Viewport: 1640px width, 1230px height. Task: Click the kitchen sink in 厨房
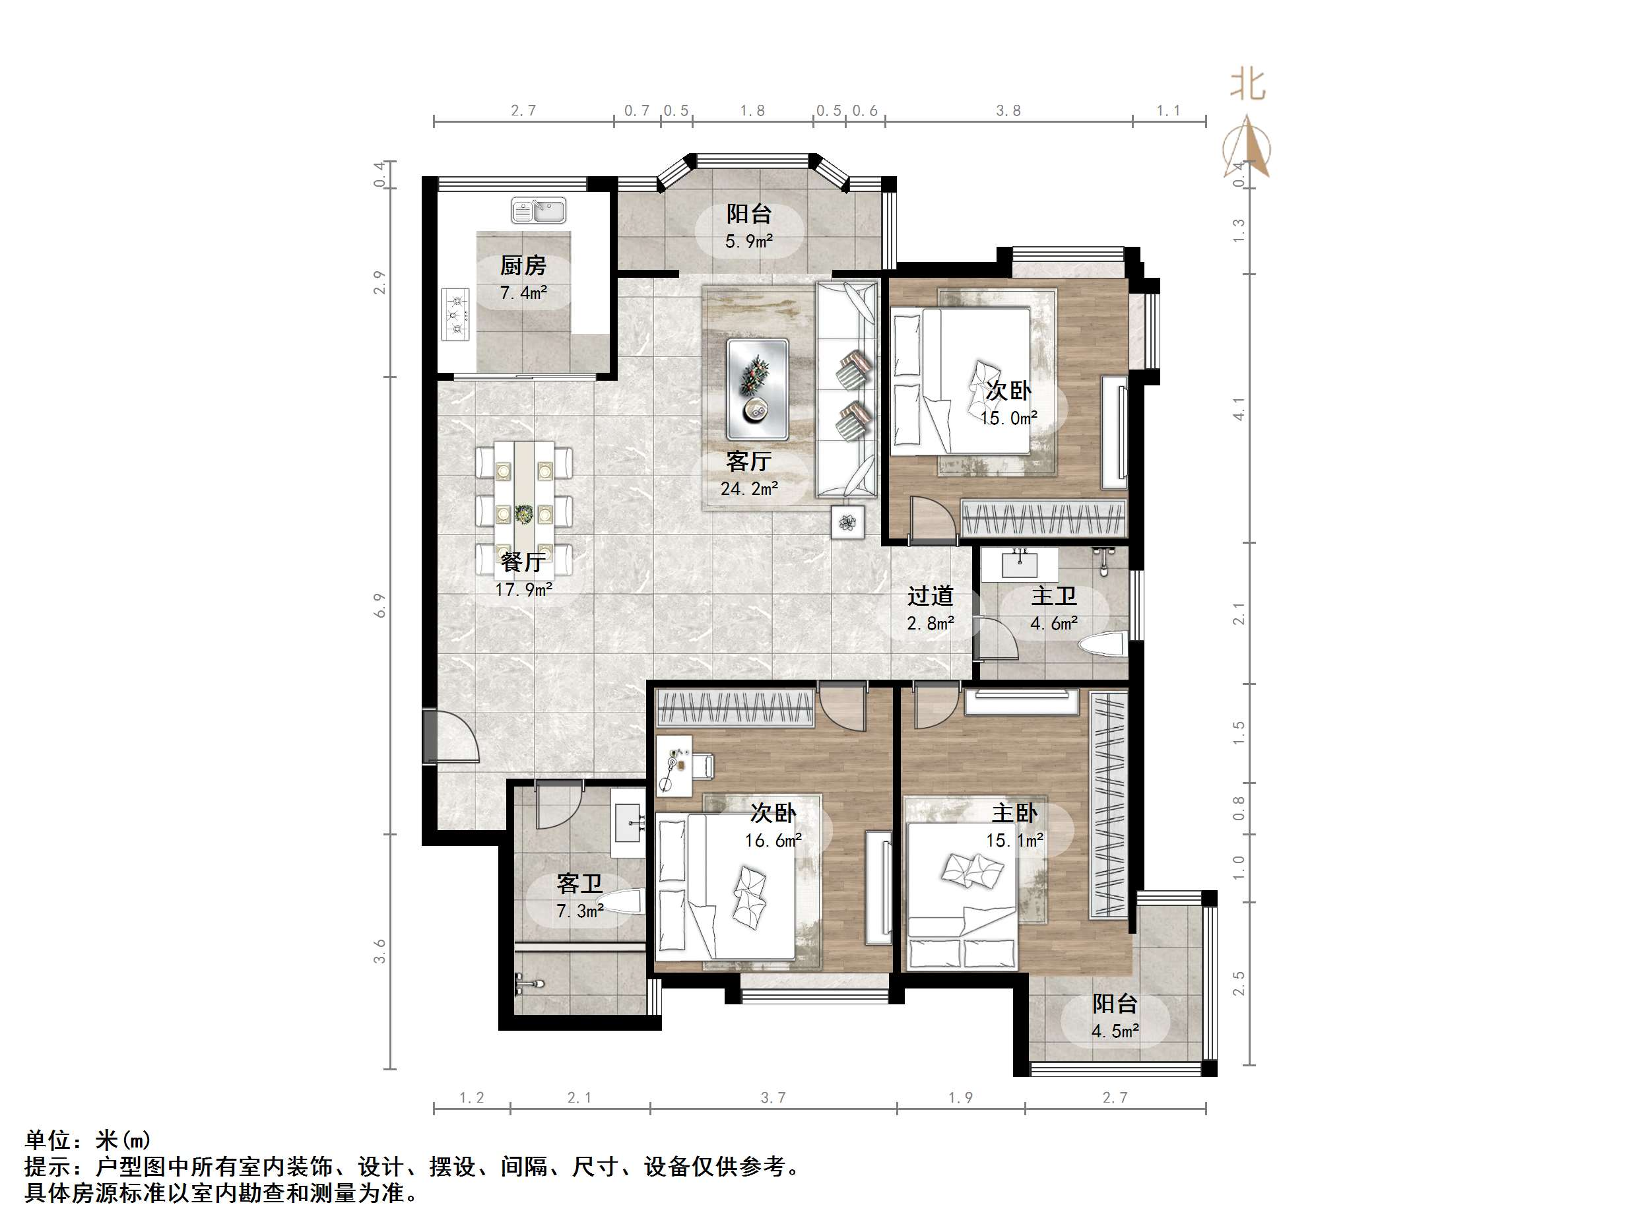[539, 210]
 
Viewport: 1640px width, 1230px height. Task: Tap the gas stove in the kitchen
[456, 314]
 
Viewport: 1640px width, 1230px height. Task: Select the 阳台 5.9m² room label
[749, 227]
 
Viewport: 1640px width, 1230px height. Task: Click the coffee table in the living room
[758, 389]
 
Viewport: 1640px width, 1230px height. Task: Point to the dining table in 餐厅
[524, 510]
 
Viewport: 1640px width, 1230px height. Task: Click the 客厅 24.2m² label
[749, 474]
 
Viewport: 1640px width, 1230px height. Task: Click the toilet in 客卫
[619, 904]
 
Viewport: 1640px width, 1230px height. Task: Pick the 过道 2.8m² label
[930, 608]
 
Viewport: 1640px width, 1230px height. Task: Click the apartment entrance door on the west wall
[431, 736]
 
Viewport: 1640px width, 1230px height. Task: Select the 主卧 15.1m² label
[1014, 826]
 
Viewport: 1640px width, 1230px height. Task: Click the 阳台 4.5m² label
[1114, 1016]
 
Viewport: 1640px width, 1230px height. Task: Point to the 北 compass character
[1248, 84]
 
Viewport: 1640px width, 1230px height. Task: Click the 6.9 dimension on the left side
[380, 606]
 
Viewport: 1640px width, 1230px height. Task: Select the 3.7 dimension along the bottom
[773, 1098]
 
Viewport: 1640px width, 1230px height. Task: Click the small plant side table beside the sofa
[847, 523]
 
